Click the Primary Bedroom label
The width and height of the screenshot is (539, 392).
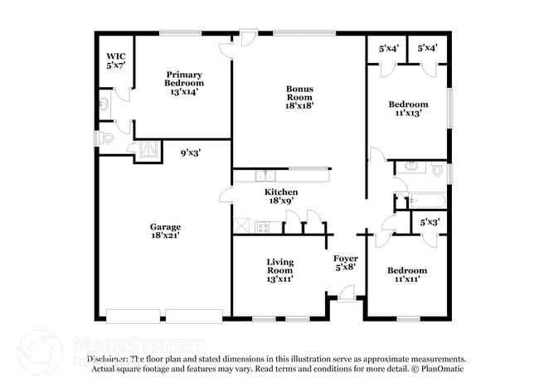pos(183,79)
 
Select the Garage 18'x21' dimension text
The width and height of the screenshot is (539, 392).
pos(165,231)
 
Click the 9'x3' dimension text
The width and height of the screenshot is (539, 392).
pos(192,152)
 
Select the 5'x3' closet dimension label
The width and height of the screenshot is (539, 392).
pos(429,222)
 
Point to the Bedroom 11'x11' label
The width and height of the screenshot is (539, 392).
pos(406,275)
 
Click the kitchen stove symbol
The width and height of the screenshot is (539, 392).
pos(263,226)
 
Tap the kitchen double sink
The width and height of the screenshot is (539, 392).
pos(265,176)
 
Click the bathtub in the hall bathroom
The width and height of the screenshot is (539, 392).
pos(423,201)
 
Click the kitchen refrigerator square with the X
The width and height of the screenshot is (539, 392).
pos(242,225)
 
